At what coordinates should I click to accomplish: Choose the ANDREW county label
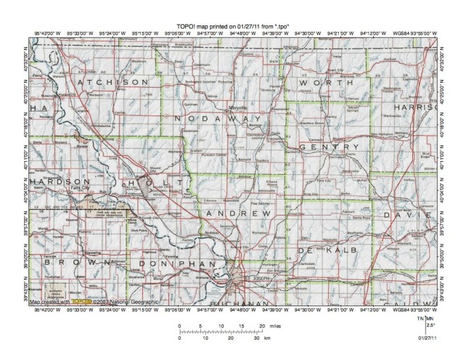pos(239,213)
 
